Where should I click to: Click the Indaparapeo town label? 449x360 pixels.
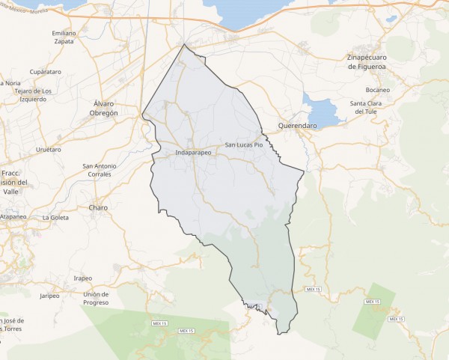[x=193, y=153]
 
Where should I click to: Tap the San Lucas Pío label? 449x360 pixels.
[x=244, y=144]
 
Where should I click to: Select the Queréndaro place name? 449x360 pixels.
[x=298, y=126]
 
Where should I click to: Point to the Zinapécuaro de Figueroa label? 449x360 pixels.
[x=375, y=61]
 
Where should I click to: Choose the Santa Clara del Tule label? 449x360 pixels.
[x=369, y=107]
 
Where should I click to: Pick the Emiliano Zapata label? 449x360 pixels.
[x=64, y=37]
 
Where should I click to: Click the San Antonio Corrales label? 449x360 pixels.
[x=100, y=170]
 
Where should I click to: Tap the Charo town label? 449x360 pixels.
[x=98, y=207]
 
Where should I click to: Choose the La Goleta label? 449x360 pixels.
[x=55, y=218]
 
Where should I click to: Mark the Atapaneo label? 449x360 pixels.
[x=13, y=216]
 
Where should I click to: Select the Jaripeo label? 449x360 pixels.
[x=49, y=296]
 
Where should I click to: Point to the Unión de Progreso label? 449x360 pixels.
[x=97, y=298]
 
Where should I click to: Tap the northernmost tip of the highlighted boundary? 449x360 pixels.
[x=184, y=44]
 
